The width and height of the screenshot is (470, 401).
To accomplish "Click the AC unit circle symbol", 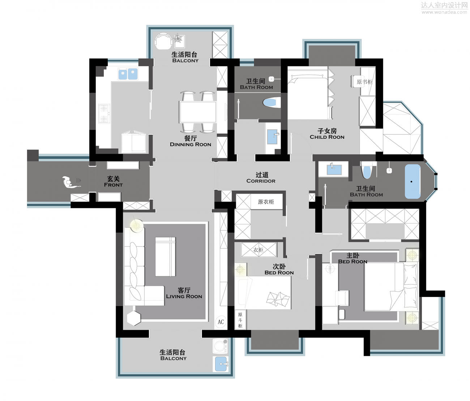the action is (221, 322).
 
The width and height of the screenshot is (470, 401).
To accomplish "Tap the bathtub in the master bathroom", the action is (413, 181).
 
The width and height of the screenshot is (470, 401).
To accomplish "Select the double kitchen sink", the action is (128, 74).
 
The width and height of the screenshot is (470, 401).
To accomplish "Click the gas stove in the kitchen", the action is (104, 113).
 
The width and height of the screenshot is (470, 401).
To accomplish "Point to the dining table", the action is (198, 112).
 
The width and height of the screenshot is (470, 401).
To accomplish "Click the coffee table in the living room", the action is (165, 257).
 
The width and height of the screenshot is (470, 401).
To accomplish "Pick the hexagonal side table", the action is (134, 318).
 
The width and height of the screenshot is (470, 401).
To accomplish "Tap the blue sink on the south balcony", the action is (221, 364).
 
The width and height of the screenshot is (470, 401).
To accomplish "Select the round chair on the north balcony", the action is (163, 41).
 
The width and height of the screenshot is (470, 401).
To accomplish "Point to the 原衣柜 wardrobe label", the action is (266, 202).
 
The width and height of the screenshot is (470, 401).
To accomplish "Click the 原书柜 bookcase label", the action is (364, 82).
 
